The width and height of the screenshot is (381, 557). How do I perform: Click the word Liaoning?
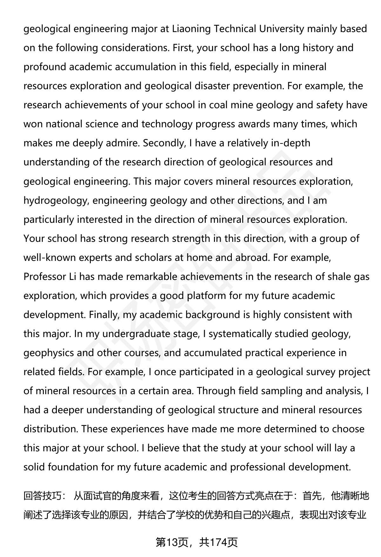(x=191, y=29)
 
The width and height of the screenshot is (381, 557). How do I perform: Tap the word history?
(x=320, y=48)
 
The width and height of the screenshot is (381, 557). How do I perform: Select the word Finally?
(x=104, y=315)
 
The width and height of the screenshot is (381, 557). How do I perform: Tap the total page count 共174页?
(x=218, y=542)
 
